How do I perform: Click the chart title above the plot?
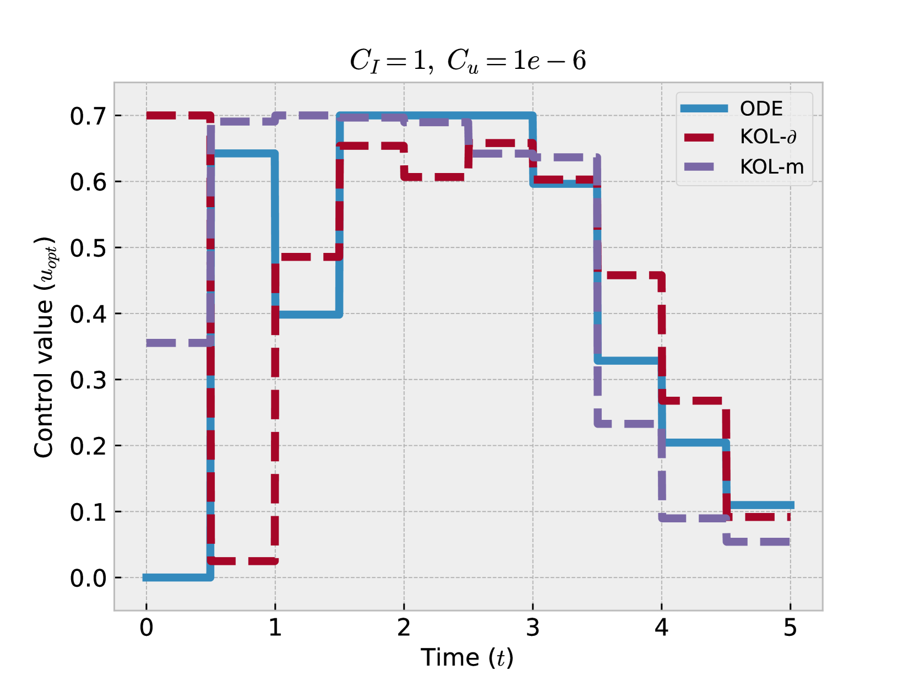[x=467, y=61]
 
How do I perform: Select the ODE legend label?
[x=761, y=109]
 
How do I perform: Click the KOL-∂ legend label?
[x=768, y=137]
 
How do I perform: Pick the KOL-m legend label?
[x=771, y=166]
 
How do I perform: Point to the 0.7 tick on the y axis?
[x=88, y=116]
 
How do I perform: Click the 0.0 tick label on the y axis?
[x=88, y=579]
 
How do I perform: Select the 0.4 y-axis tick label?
[x=88, y=314]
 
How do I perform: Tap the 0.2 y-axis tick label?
[x=88, y=446]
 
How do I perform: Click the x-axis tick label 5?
[x=790, y=628]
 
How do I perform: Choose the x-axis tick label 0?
[x=146, y=628]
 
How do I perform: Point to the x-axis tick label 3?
[x=532, y=628]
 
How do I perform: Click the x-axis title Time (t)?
[x=467, y=657]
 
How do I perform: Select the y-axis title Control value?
[x=45, y=347]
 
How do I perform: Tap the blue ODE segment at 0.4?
[x=308, y=314]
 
